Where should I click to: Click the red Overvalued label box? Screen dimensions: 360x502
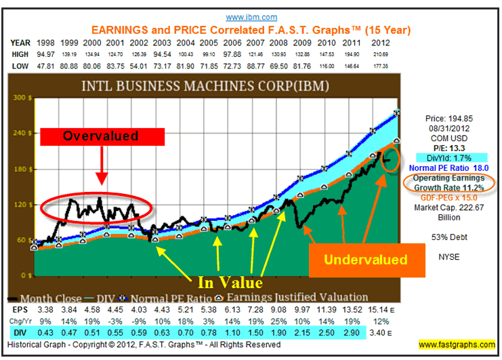click(x=101, y=136)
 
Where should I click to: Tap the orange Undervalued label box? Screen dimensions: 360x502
click(x=365, y=259)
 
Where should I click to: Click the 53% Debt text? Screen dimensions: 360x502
click(x=446, y=236)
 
